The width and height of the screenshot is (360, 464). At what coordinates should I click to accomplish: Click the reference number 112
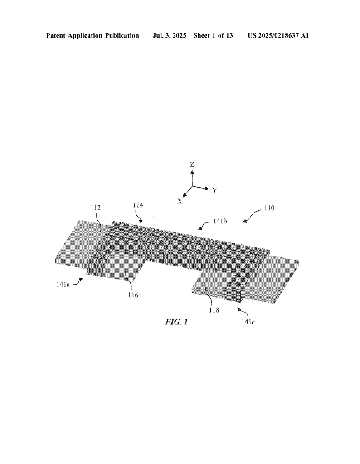[x=96, y=208]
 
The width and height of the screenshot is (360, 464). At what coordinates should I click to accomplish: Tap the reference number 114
[x=138, y=205]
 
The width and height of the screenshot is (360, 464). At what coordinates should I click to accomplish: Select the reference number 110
[x=269, y=208]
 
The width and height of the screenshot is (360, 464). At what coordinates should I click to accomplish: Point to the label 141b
[x=220, y=221]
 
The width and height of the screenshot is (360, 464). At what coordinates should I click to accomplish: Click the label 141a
[x=63, y=285]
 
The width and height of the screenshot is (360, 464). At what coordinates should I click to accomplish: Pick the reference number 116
[x=133, y=295]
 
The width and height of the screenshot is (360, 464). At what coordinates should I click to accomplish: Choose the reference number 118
[x=214, y=310]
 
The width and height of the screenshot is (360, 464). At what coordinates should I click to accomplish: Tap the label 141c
[x=248, y=322]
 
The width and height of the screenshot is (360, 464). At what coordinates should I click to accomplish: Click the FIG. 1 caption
[x=176, y=322]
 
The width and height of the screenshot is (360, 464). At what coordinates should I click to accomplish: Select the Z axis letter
[x=192, y=164]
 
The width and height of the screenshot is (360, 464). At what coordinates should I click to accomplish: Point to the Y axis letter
[x=214, y=190]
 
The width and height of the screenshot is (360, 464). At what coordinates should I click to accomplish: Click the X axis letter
[x=180, y=201]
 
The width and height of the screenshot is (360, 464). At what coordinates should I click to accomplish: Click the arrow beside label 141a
[x=78, y=281]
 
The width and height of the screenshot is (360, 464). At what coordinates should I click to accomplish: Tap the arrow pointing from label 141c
[x=244, y=312]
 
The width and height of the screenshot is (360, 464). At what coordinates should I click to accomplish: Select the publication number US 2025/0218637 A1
[x=278, y=36]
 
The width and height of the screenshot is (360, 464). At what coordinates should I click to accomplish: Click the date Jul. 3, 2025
[x=169, y=36]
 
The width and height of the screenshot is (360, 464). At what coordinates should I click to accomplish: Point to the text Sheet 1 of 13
[x=213, y=36]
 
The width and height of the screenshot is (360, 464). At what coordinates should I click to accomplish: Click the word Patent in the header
[x=56, y=36]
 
